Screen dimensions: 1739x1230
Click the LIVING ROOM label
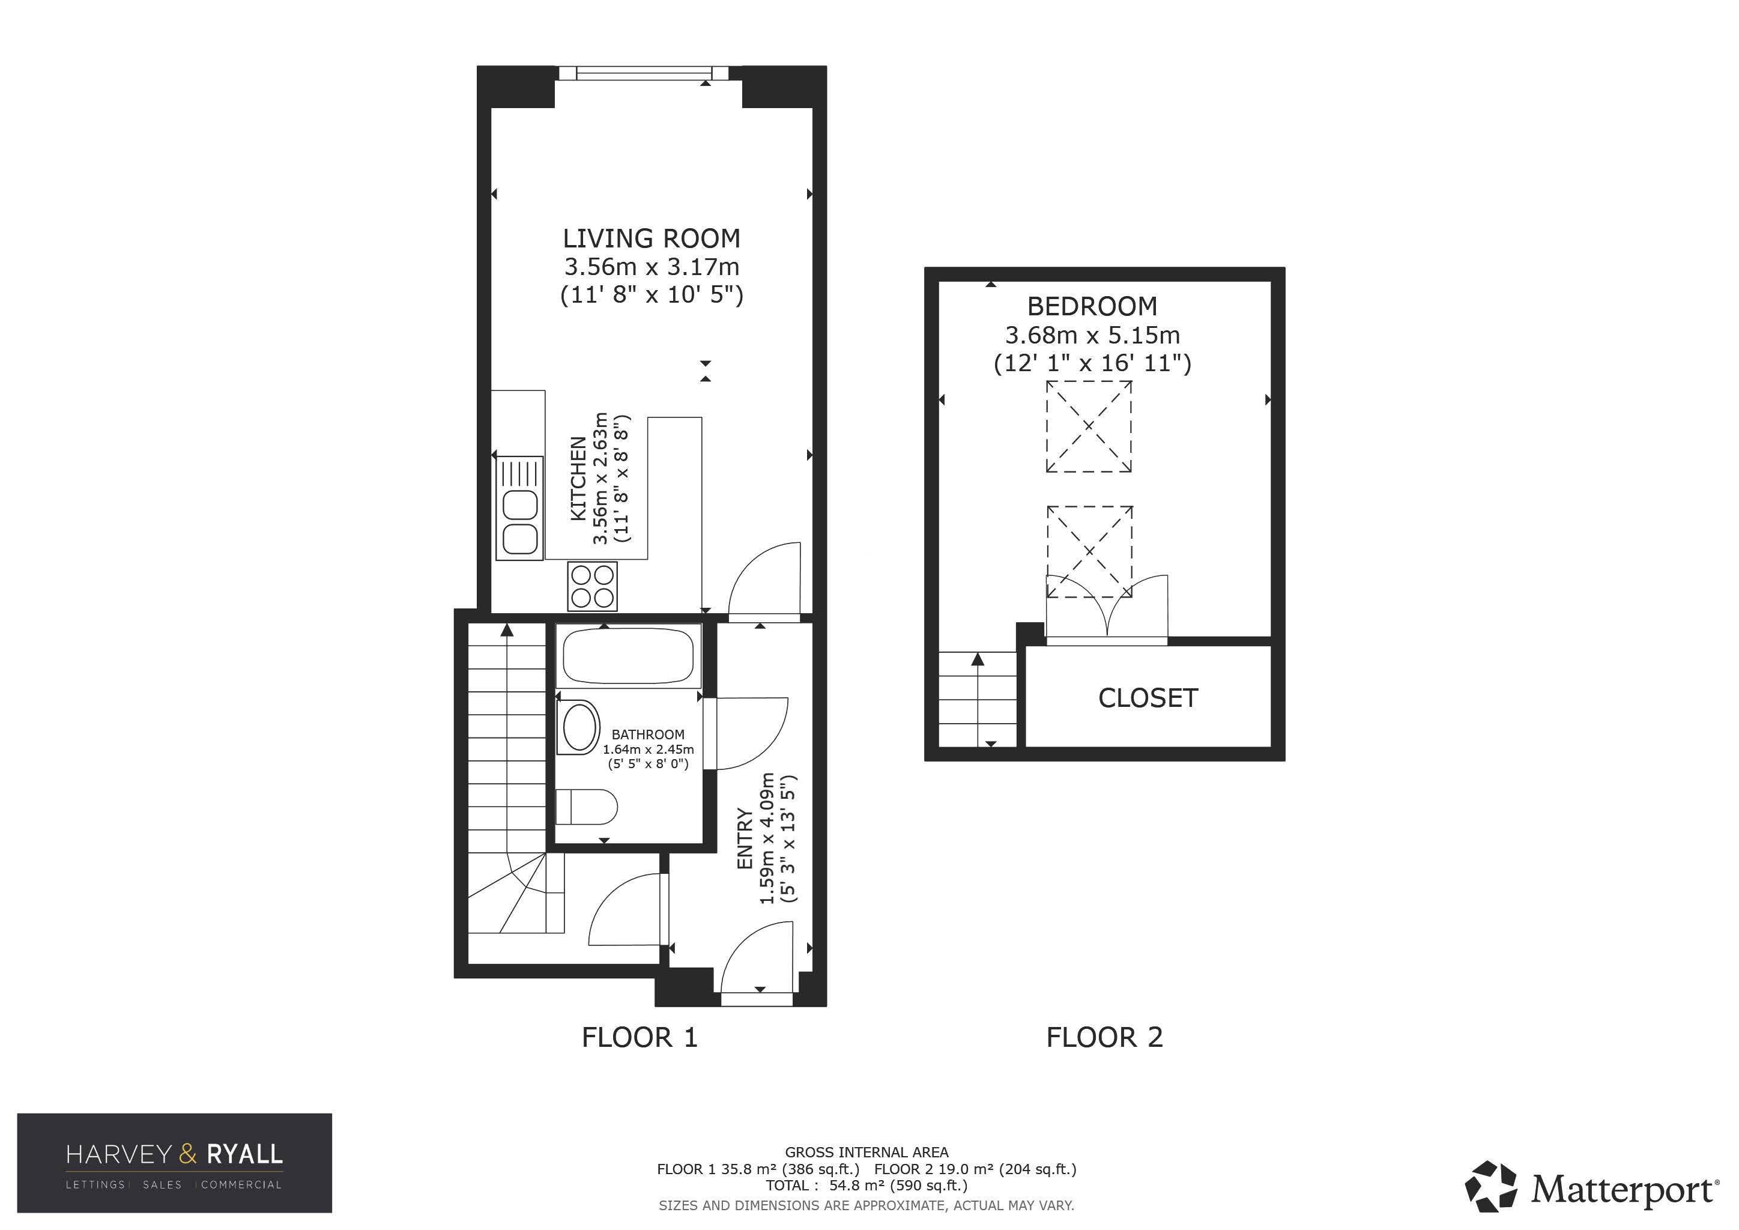(652, 238)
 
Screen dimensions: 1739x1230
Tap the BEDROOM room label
(1092, 307)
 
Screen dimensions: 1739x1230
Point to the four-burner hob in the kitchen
(592, 586)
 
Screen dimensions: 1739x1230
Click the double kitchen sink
(519, 508)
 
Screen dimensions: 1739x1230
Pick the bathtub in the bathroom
(629, 656)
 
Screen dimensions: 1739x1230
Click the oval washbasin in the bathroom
(579, 727)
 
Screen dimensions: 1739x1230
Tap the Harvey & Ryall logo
(174, 1163)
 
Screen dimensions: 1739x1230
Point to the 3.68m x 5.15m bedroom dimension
(1092, 335)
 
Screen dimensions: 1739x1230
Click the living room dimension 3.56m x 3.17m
(652, 267)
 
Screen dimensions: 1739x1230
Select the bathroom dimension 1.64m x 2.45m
(649, 750)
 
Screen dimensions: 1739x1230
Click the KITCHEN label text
(578, 479)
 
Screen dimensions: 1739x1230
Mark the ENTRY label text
(745, 839)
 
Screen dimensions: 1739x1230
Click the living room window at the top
(644, 73)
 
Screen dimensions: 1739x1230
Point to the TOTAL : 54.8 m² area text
(866, 1186)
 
